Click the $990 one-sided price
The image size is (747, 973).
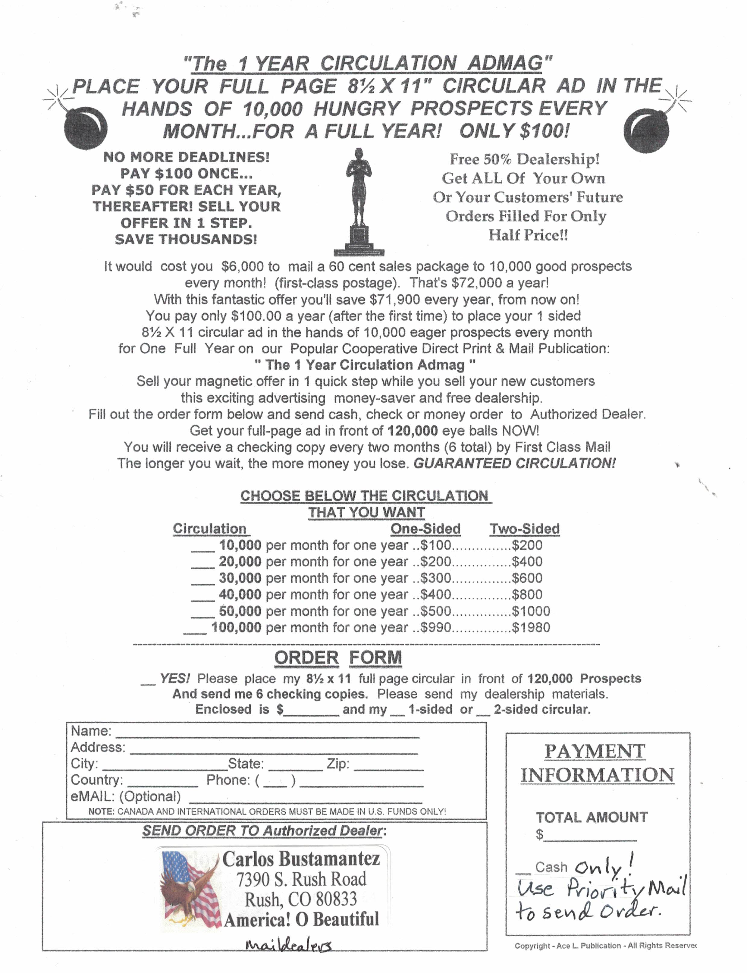point(436,627)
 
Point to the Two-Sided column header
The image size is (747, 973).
point(524,529)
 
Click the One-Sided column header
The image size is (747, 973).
point(425,529)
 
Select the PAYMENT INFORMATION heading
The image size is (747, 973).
point(597,763)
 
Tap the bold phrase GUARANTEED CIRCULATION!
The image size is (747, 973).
point(514,463)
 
